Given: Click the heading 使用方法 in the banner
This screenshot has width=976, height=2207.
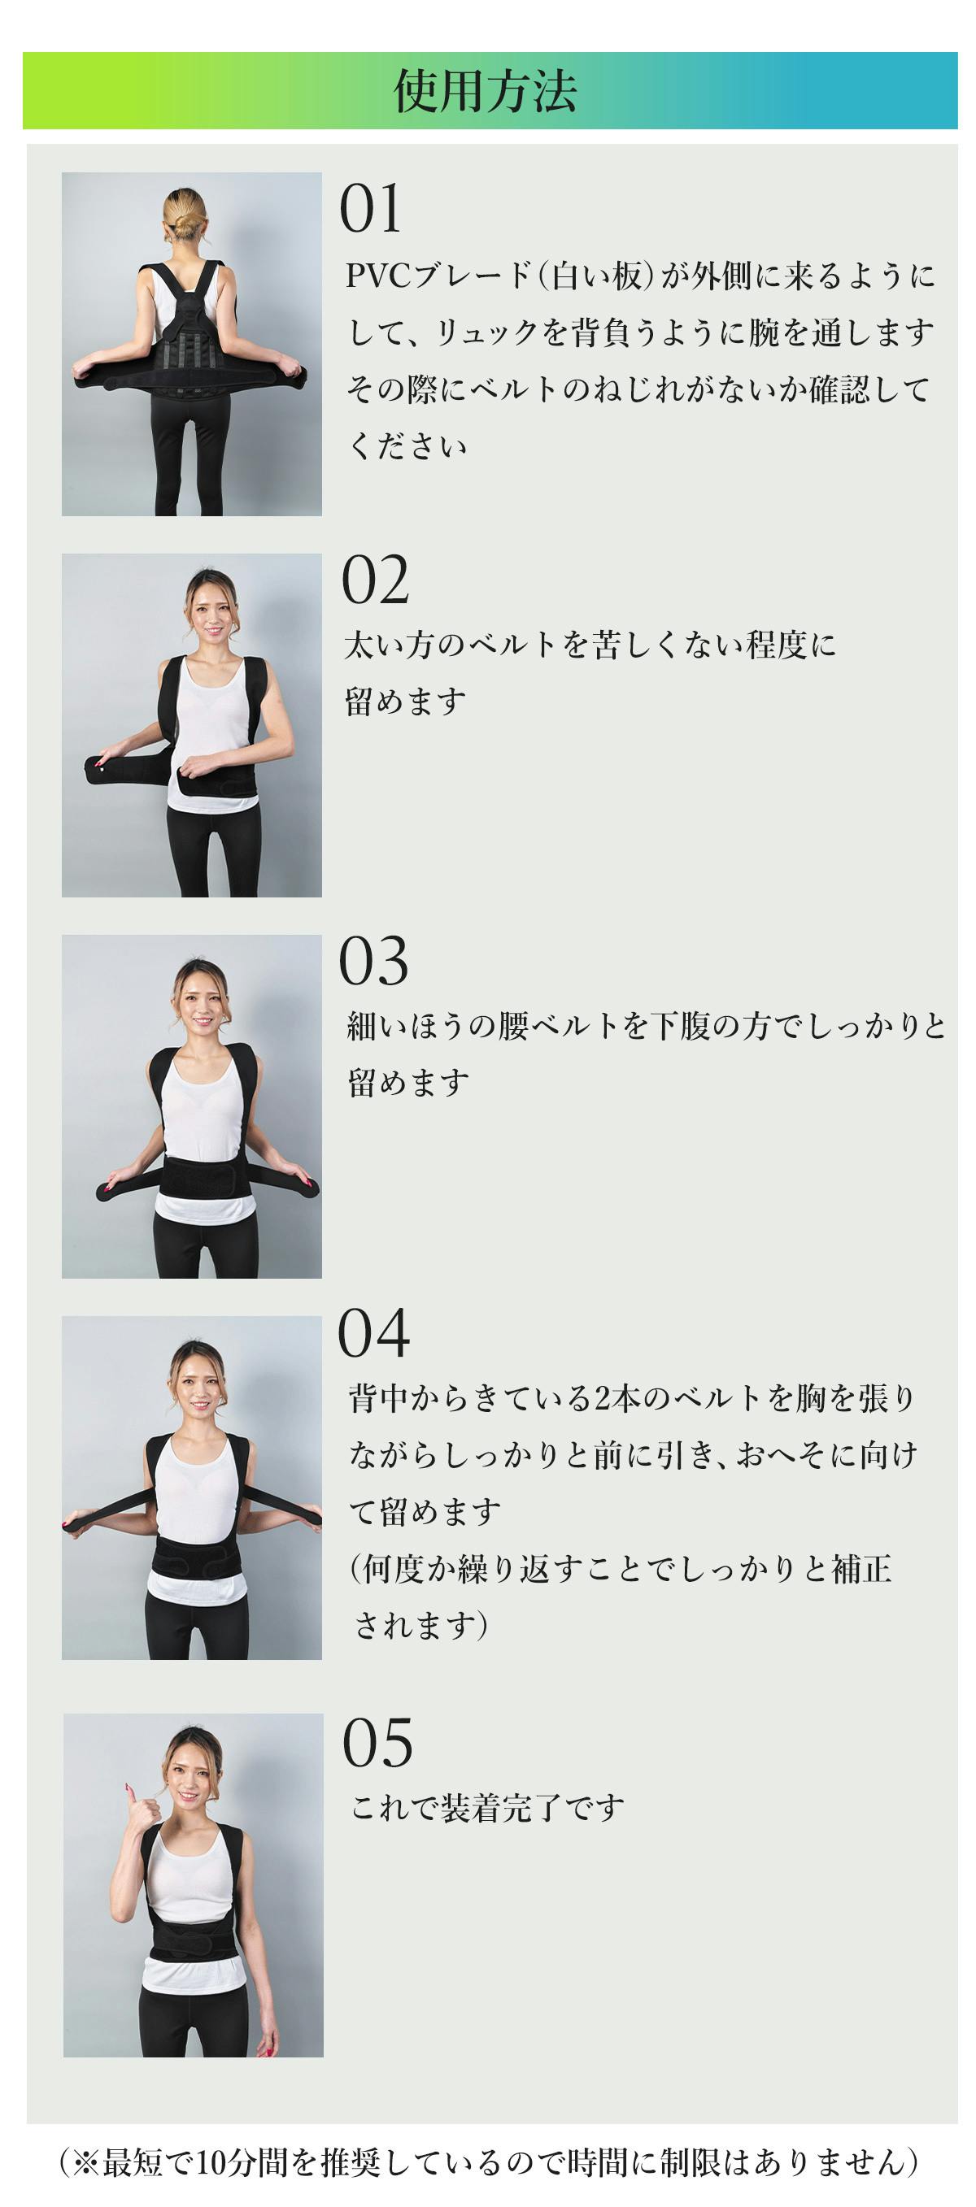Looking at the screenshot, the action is [486, 91].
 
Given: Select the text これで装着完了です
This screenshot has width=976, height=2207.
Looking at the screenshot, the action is [486, 1808].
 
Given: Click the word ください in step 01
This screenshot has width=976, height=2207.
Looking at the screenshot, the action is [407, 446].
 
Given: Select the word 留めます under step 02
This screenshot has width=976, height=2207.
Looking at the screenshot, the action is [405, 702].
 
